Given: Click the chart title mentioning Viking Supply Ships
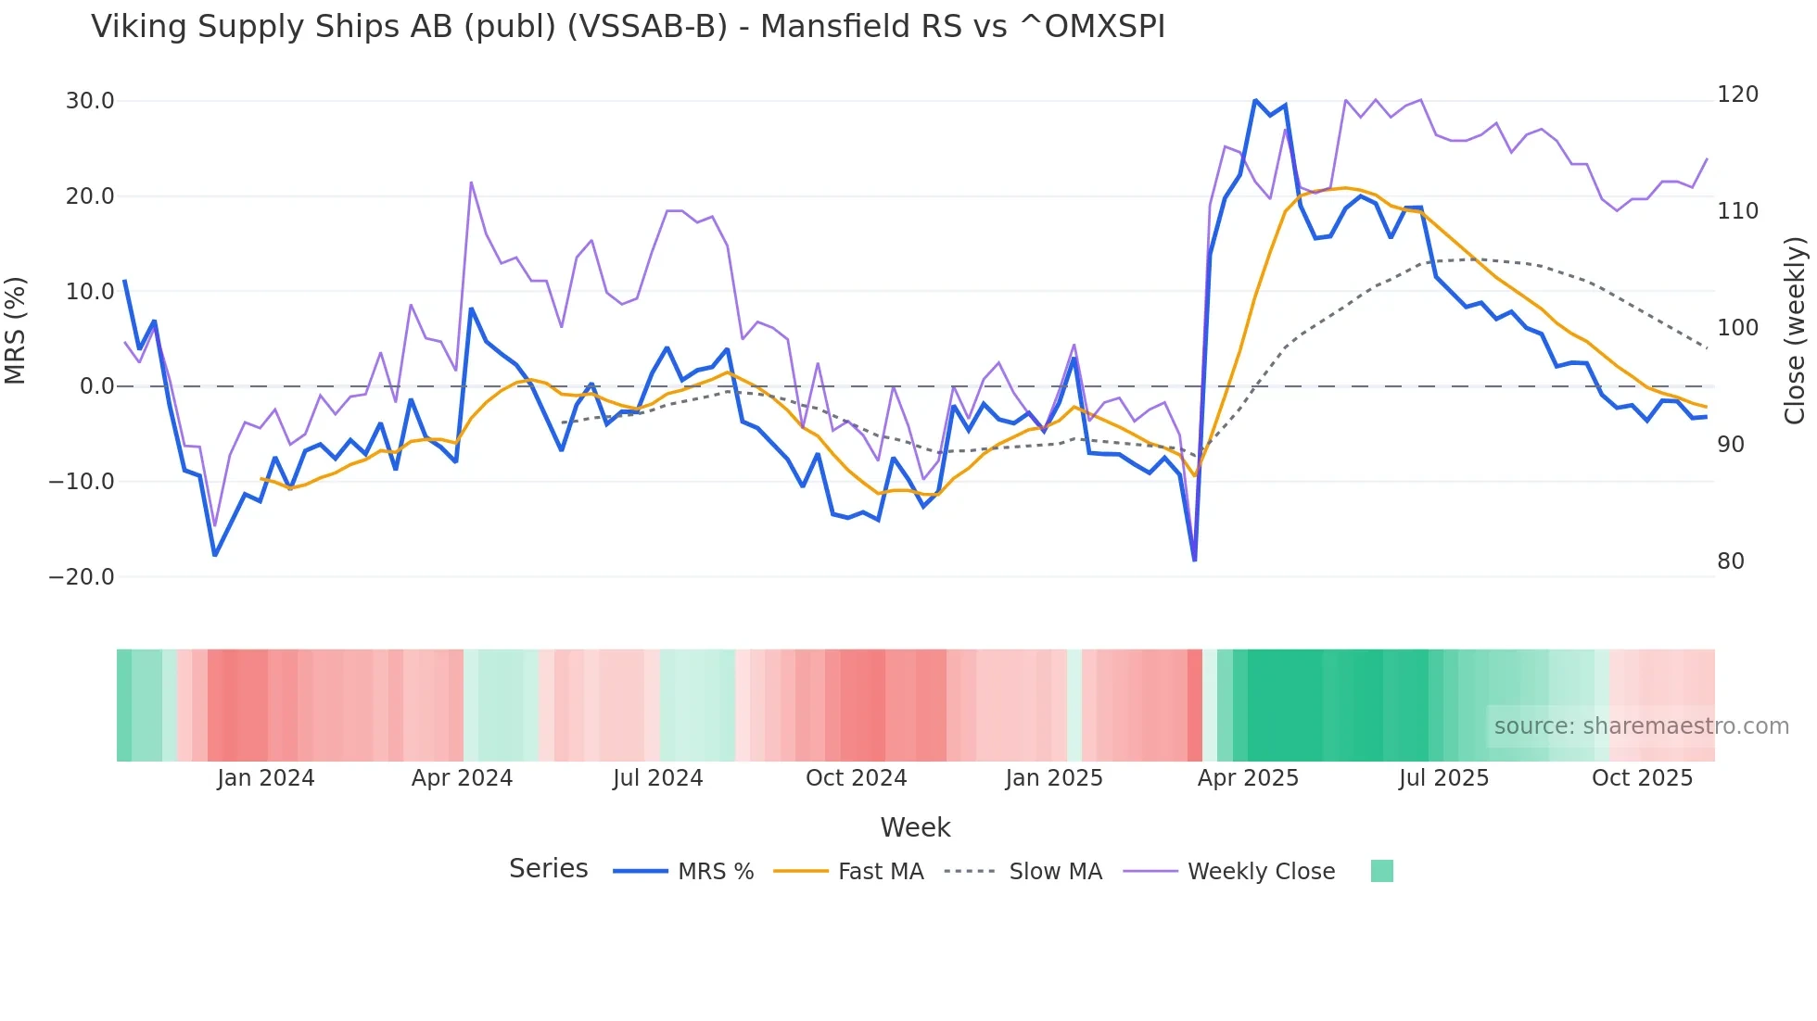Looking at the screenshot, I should tap(628, 27).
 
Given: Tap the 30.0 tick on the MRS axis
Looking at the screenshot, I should tap(90, 101).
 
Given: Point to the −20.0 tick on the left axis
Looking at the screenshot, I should tap(82, 576).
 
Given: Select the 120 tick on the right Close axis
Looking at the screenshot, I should tap(1737, 95).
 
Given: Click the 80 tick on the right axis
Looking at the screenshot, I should tap(1731, 561).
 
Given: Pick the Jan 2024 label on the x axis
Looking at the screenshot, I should tap(266, 778).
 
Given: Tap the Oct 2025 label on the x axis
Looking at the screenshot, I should tap(1642, 778).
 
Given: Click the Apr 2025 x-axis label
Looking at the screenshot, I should tap(1248, 778).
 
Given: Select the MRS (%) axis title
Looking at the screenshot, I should tap(16, 331).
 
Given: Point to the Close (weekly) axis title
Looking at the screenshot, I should tap(1795, 331).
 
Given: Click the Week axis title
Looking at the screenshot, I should tap(915, 827).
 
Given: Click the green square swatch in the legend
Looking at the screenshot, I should tap(1381, 871).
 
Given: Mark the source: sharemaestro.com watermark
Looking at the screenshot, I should tap(1641, 726).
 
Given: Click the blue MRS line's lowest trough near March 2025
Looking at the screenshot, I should tap(1194, 560).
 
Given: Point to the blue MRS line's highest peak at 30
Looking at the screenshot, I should tap(1255, 100).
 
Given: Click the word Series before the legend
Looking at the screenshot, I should tap(548, 869).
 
